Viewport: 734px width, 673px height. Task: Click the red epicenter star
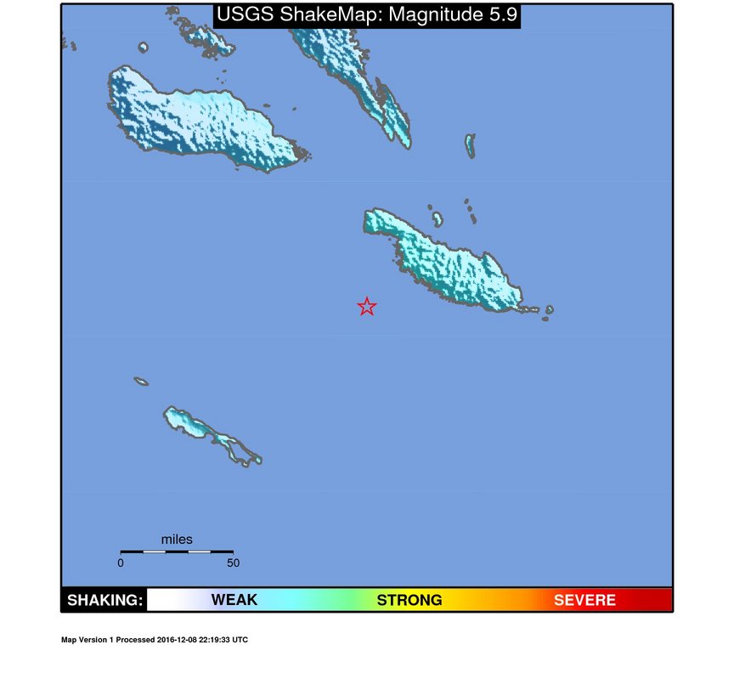(x=366, y=307)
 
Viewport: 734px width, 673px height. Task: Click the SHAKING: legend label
(x=104, y=601)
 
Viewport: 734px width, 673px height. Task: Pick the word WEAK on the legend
(x=234, y=601)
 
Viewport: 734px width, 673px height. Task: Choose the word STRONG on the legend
(x=409, y=601)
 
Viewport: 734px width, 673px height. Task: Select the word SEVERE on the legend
(x=584, y=601)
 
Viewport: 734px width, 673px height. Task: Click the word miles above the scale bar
(x=177, y=540)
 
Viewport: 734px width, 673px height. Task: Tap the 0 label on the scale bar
(x=121, y=563)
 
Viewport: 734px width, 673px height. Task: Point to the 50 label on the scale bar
(x=233, y=563)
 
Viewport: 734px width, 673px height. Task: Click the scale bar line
(x=177, y=551)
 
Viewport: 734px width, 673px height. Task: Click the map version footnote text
(x=155, y=640)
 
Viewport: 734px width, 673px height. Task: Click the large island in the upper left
(x=195, y=119)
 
